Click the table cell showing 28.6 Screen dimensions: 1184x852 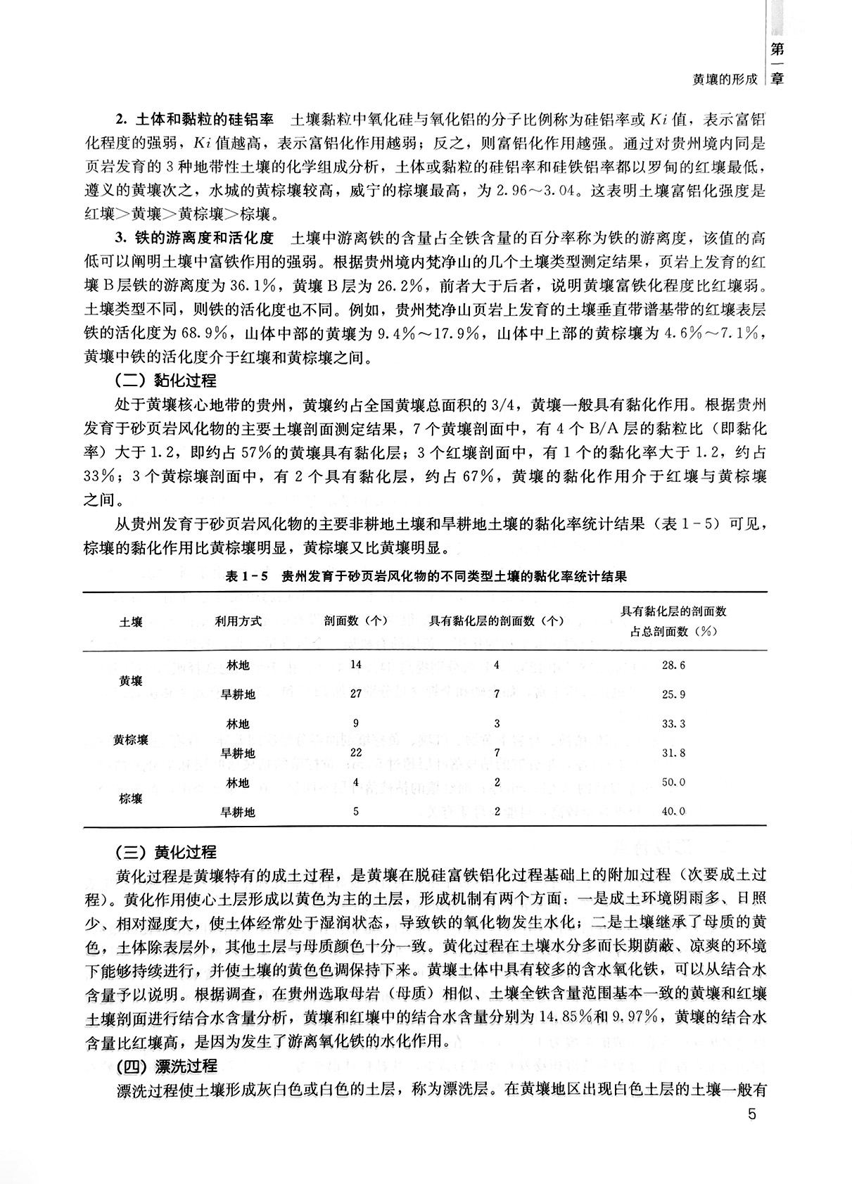pyautogui.click(x=673, y=665)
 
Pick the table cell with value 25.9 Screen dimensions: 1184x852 pyautogui.click(x=673, y=694)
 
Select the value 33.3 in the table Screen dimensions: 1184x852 pyautogui.click(x=673, y=723)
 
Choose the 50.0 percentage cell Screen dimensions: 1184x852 pyautogui.click(x=673, y=782)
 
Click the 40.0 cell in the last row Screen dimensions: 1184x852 pyautogui.click(x=673, y=811)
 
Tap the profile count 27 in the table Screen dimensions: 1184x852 pyautogui.click(x=356, y=694)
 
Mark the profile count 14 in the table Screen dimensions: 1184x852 pyautogui.click(x=355, y=665)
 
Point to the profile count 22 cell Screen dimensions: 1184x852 pyautogui.click(x=356, y=753)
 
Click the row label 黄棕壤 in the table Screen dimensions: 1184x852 pyautogui.click(x=131, y=739)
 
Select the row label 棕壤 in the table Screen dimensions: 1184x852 pyautogui.click(x=131, y=798)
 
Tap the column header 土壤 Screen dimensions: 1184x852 pyautogui.click(x=131, y=622)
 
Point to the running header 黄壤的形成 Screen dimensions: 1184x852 pyautogui.click(x=725, y=79)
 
